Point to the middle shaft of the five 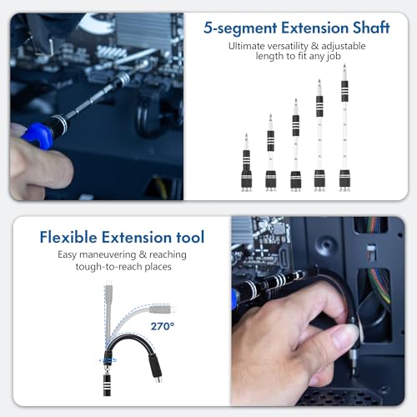pos(295,146)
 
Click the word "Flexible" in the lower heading pos(73,237)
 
